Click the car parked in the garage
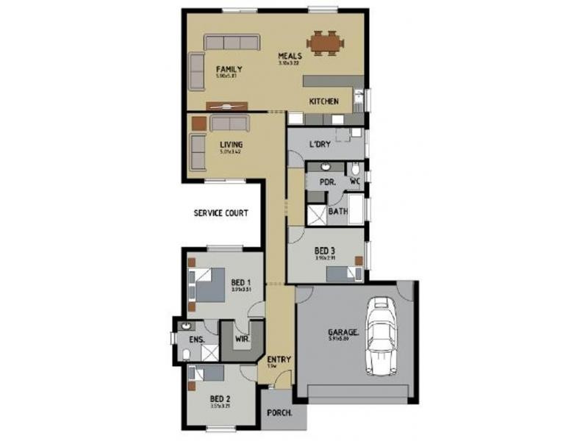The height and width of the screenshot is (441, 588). tap(381, 335)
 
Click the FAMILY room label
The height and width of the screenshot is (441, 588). tap(229, 69)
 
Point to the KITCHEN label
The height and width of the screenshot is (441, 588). tap(323, 101)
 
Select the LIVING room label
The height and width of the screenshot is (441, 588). tap(231, 145)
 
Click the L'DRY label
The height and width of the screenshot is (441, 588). tap(319, 144)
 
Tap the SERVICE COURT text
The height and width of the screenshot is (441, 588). tap(220, 213)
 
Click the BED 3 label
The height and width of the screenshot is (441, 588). tap(324, 251)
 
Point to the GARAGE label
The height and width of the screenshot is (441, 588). tap(342, 331)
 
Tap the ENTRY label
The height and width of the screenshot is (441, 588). tap(279, 359)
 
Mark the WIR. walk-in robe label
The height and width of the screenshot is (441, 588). tap(241, 340)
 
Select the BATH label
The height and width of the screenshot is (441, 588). tap(337, 212)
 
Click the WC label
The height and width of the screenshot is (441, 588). tap(354, 180)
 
